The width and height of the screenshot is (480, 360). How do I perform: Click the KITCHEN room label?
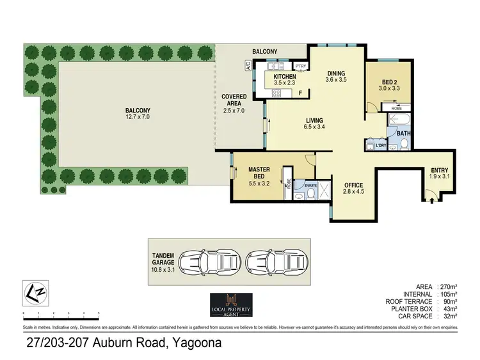(x=284, y=77)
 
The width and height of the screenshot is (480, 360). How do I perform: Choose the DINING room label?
(x=336, y=73)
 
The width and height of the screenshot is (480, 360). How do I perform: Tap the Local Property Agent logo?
(x=232, y=304)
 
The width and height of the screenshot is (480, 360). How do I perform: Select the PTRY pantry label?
(x=300, y=66)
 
